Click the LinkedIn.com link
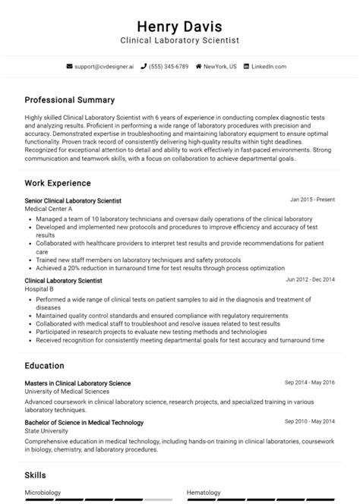[x=270, y=67]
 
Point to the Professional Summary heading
[x=70, y=99]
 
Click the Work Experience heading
[x=58, y=183]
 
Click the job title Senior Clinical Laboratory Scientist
[x=73, y=200]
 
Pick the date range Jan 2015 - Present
[x=312, y=200]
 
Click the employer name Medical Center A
[x=49, y=209]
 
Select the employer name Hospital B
[x=39, y=289]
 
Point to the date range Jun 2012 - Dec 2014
[x=310, y=280]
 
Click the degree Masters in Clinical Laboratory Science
[x=77, y=383]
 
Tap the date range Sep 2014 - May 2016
[x=309, y=382]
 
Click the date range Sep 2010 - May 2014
[x=309, y=421]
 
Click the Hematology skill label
[x=204, y=492]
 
